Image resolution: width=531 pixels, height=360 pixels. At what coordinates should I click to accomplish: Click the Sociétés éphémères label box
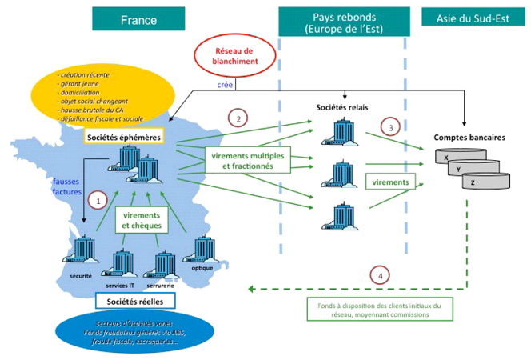tap(123, 138)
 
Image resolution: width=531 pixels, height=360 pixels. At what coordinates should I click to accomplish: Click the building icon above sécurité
tap(80, 251)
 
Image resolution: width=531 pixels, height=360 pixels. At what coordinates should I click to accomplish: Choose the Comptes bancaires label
tap(469, 138)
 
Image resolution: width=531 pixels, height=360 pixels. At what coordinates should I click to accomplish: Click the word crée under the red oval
tap(226, 83)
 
